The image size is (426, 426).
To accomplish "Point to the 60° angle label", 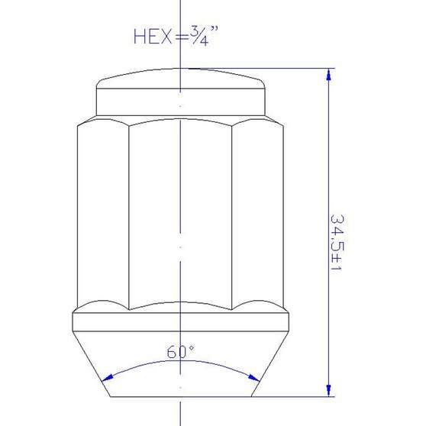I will pyautogui.click(x=181, y=353).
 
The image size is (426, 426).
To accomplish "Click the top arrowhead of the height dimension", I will pyautogui.click(x=329, y=75).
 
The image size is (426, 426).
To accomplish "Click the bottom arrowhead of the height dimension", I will pyautogui.click(x=329, y=392).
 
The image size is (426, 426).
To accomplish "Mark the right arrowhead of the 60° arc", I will pyautogui.click(x=253, y=376).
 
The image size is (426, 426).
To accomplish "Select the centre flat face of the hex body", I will pyautogui.click(x=180, y=214).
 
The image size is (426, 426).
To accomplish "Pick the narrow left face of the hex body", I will pyautogui.click(x=103, y=214).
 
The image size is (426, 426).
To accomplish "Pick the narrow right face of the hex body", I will pyautogui.click(x=257, y=214).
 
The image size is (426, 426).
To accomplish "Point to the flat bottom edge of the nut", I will pyautogui.click(x=180, y=397).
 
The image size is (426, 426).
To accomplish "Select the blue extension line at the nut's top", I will pyautogui.click(x=298, y=69).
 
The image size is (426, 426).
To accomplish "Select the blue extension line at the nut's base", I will pyautogui.click(x=298, y=397).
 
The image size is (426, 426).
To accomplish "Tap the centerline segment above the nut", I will pyautogui.click(x=180, y=15).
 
